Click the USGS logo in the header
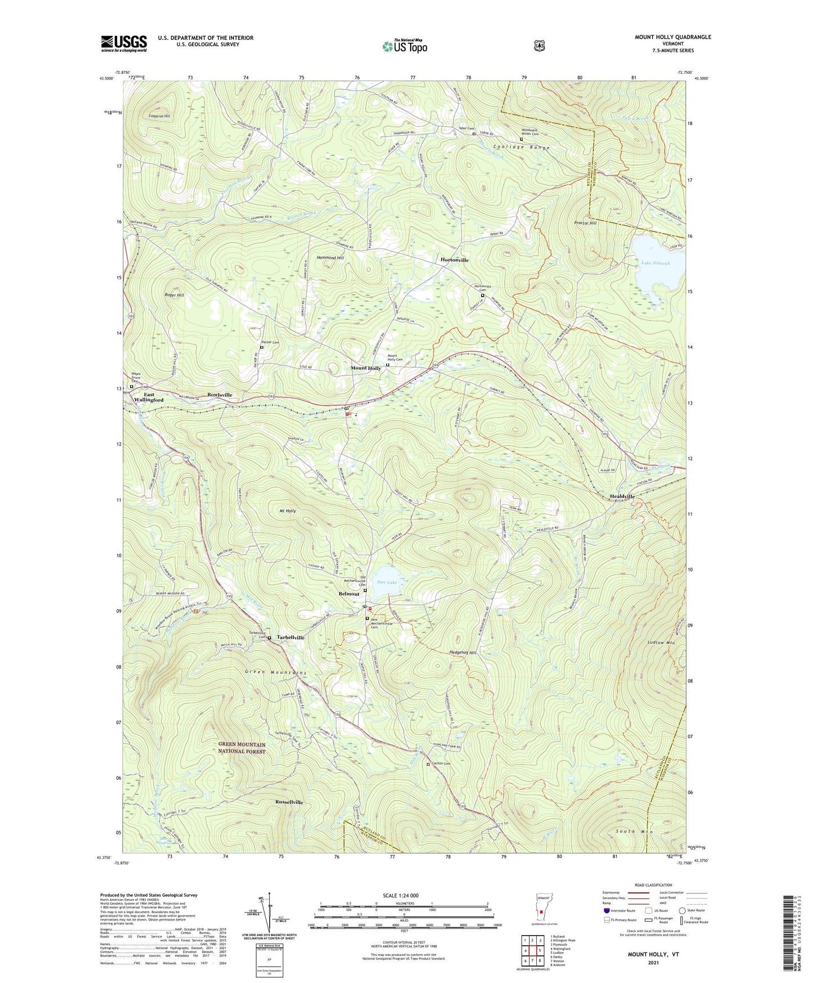[124, 43]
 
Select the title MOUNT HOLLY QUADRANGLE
[673, 37]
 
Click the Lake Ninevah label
[656, 263]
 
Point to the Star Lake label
[387, 583]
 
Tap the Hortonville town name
[454, 260]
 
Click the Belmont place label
[349, 594]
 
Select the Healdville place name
[622, 497]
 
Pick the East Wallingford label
[149, 397]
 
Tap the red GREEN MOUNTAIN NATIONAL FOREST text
[242, 748]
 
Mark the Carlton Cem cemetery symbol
[428, 765]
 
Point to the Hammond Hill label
[330, 257]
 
